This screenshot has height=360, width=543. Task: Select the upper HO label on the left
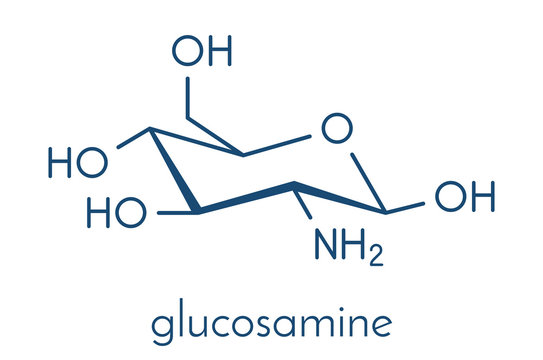pyautogui.click(x=78, y=161)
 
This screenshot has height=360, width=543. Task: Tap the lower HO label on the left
pyautogui.click(x=118, y=212)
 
